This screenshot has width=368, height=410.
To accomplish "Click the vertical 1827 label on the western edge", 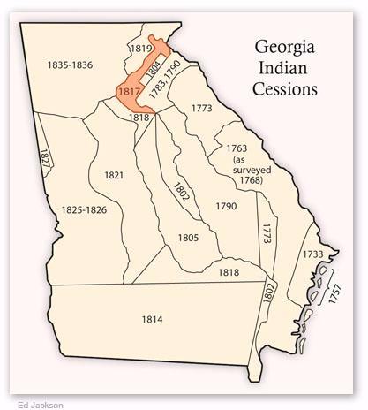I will [44, 158].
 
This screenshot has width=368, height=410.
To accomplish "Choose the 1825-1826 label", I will [85, 209].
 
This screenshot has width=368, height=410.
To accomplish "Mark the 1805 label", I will [187, 238].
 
